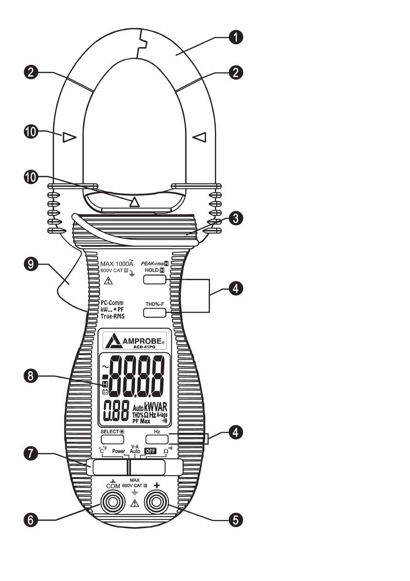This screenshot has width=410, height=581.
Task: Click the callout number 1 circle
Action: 236,38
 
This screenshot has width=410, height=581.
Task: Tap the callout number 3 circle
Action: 236,218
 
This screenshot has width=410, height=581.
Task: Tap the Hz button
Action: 156,438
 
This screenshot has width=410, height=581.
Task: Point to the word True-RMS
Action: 112,316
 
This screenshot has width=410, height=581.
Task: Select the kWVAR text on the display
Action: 156,407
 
